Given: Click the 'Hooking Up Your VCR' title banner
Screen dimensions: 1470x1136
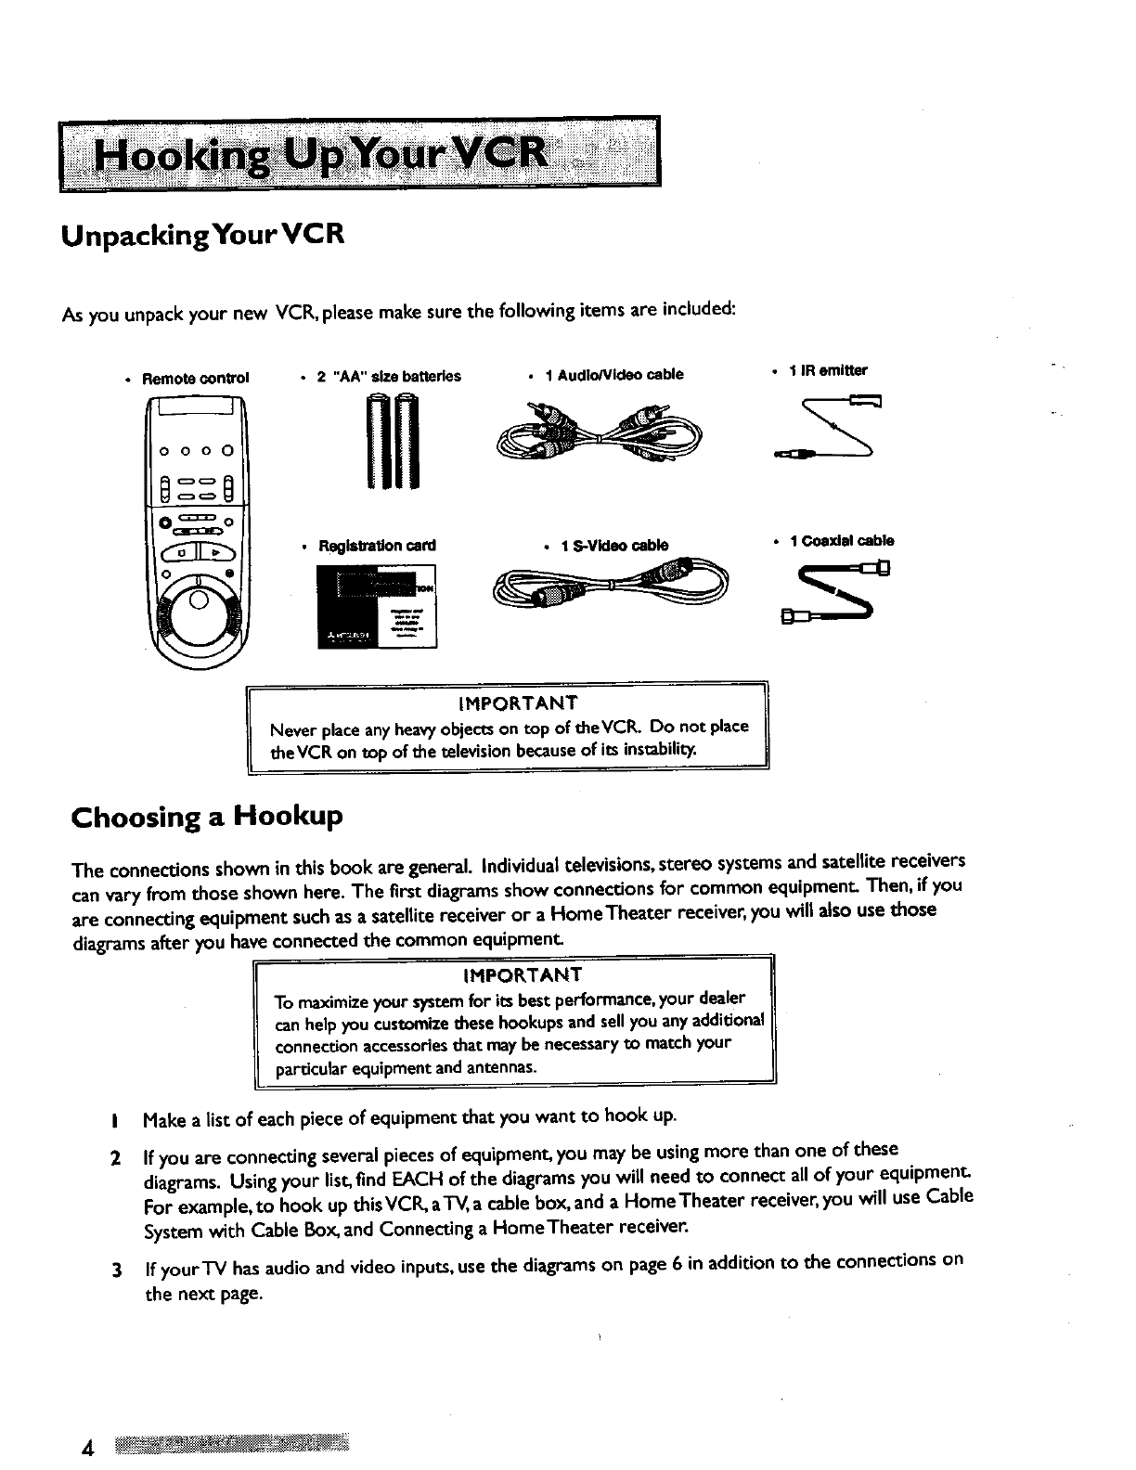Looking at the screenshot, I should click(357, 153).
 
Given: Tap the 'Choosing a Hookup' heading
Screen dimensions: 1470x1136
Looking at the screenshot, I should click(207, 817).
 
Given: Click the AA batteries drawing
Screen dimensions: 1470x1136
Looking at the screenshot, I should click(394, 441).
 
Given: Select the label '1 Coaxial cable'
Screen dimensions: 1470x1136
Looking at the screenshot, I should click(841, 541).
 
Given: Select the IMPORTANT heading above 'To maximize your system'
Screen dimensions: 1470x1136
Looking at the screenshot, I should click(522, 974).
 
